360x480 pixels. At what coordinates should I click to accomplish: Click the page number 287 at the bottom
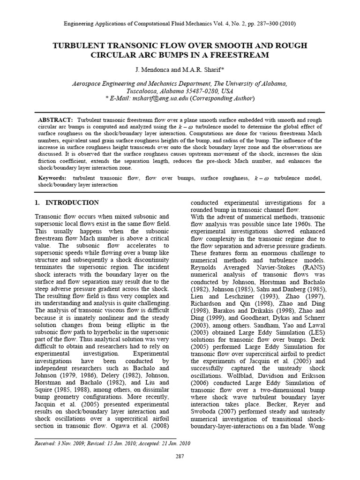(x=180, y=456)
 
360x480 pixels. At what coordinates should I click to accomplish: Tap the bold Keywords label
(x=53, y=179)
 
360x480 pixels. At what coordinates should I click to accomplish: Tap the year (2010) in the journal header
(x=286, y=23)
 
